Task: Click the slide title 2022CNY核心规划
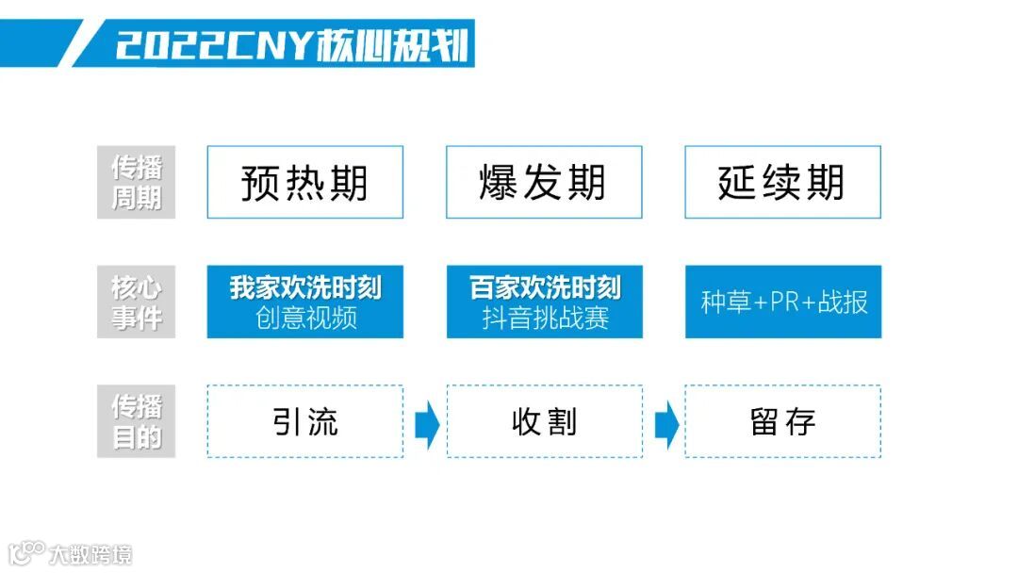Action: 291,44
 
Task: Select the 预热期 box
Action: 304,182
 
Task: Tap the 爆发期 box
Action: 544,182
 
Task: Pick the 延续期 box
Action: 782,182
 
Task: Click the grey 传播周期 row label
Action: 137,183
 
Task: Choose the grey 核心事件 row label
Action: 137,302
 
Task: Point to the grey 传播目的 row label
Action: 137,421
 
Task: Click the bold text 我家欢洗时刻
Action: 305,287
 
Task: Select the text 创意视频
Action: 305,318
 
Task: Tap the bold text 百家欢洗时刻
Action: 545,287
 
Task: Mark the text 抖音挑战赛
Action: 545,318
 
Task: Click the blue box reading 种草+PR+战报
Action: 783,302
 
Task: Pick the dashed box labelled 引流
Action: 304,421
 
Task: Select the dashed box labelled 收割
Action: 544,421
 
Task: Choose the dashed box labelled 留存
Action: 782,421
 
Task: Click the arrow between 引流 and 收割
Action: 426,423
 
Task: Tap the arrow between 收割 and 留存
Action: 665,423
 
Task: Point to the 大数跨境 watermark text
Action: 91,554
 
